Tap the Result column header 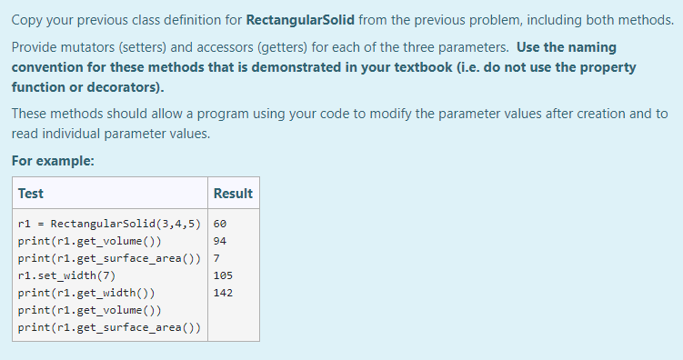[233, 194]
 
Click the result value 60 [219, 224]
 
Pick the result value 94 [219, 241]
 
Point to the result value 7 [216, 258]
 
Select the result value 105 [223, 275]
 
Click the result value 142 [223, 293]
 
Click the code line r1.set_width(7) [66, 275]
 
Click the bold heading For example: [53, 162]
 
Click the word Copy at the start [28, 20]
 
